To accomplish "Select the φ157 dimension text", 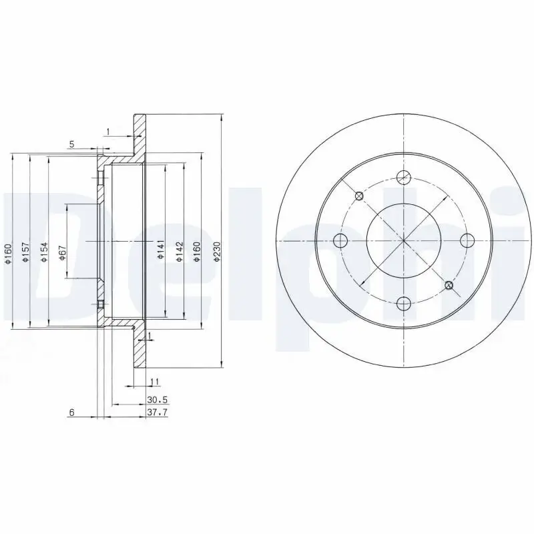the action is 25,252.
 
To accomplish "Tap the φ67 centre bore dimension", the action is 62,253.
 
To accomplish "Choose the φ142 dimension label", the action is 180,252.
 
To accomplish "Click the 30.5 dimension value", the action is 158,399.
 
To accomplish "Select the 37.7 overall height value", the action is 158,412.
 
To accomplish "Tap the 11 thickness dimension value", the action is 155,382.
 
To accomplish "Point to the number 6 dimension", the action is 71,413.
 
